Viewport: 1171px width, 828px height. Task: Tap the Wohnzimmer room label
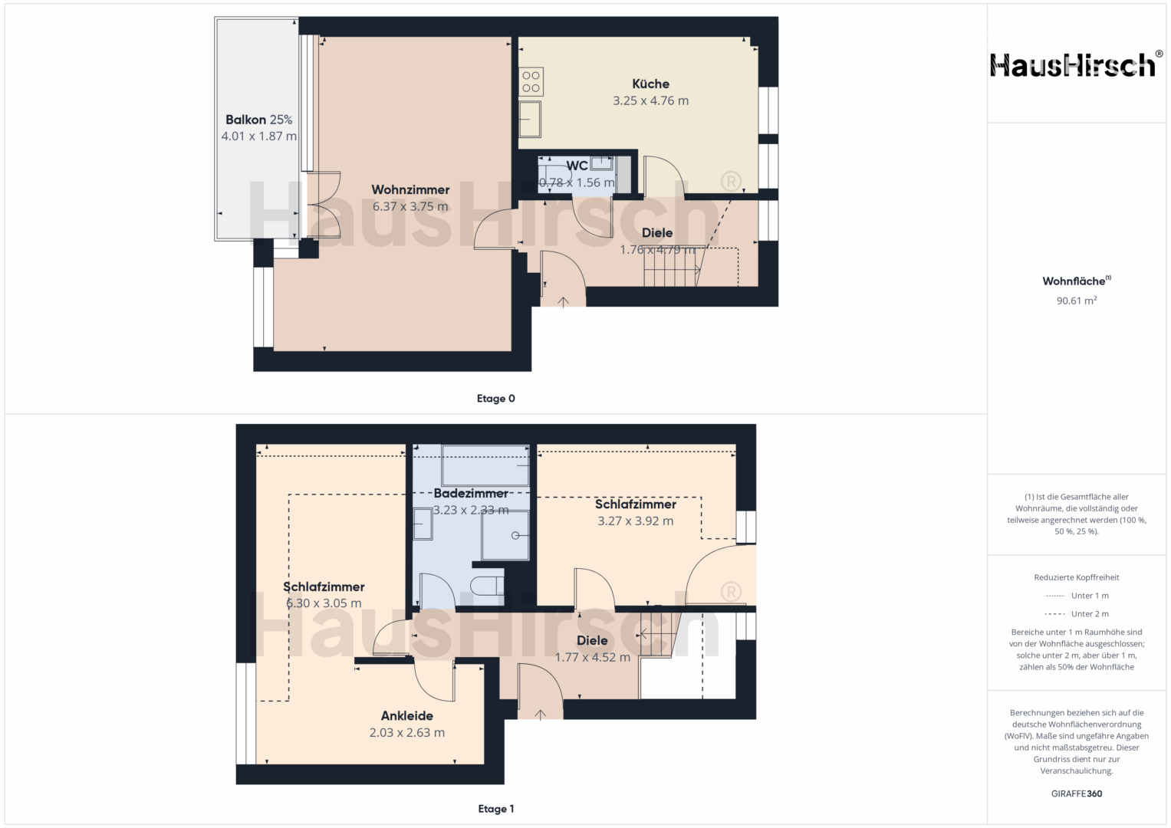point(410,190)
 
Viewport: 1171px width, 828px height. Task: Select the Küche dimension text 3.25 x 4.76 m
point(651,101)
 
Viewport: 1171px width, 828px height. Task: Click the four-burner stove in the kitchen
point(531,82)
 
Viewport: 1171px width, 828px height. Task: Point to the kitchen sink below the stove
point(530,120)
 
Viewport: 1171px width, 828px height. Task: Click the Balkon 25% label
point(258,120)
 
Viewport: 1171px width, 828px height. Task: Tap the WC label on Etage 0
point(577,166)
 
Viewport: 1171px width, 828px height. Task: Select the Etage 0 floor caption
point(495,399)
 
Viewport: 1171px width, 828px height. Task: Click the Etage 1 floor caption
point(495,809)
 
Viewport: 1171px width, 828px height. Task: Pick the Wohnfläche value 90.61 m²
point(1077,301)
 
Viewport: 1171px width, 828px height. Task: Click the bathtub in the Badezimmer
point(485,465)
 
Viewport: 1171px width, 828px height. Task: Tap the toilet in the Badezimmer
point(487,586)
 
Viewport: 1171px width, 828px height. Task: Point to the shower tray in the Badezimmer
point(505,535)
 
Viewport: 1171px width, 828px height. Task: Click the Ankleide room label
point(406,715)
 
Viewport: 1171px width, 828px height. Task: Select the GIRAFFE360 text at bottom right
point(1077,793)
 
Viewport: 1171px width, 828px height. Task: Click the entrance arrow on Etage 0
point(563,302)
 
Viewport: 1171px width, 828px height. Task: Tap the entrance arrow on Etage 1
point(540,714)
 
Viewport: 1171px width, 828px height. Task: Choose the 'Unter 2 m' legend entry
point(1077,613)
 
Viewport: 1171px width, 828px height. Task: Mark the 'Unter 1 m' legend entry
point(1077,596)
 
